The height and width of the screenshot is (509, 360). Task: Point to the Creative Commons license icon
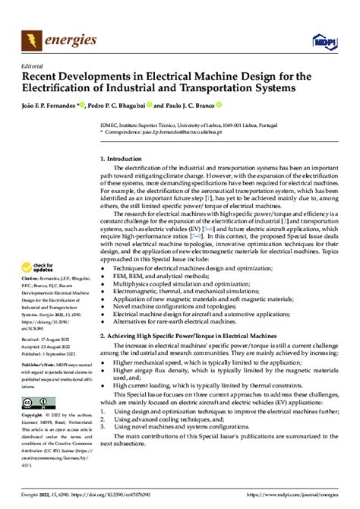(x=39, y=403)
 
